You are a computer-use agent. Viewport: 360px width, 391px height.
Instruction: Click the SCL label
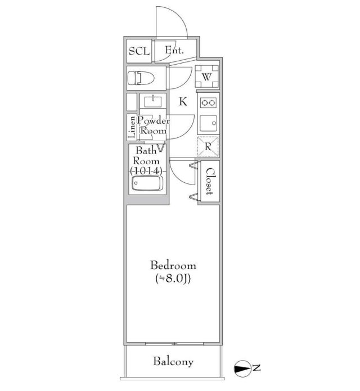click(139, 51)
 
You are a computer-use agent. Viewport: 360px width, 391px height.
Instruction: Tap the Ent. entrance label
click(174, 51)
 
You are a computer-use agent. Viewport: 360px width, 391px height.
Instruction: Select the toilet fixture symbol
click(141, 78)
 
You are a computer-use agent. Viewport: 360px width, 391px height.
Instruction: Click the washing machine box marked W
click(206, 77)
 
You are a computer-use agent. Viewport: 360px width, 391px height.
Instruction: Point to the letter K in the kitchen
click(183, 102)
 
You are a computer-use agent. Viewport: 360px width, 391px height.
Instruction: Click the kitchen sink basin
click(208, 123)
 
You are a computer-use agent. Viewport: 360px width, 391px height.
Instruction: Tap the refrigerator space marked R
click(208, 147)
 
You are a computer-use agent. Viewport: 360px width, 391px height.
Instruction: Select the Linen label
click(131, 127)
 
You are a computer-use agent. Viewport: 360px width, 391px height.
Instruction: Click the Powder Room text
click(154, 125)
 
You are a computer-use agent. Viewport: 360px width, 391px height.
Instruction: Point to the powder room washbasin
click(153, 101)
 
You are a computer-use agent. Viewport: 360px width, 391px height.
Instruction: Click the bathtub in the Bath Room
click(147, 183)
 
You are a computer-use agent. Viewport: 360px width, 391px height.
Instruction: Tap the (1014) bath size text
click(146, 171)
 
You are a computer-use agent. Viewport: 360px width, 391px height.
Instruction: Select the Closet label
click(210, 181)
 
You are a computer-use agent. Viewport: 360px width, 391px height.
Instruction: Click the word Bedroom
click(173, 266)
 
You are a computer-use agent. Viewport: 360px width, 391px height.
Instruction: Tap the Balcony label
click(173, 362)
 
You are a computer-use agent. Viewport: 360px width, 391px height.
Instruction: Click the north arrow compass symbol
click(243, 368)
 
